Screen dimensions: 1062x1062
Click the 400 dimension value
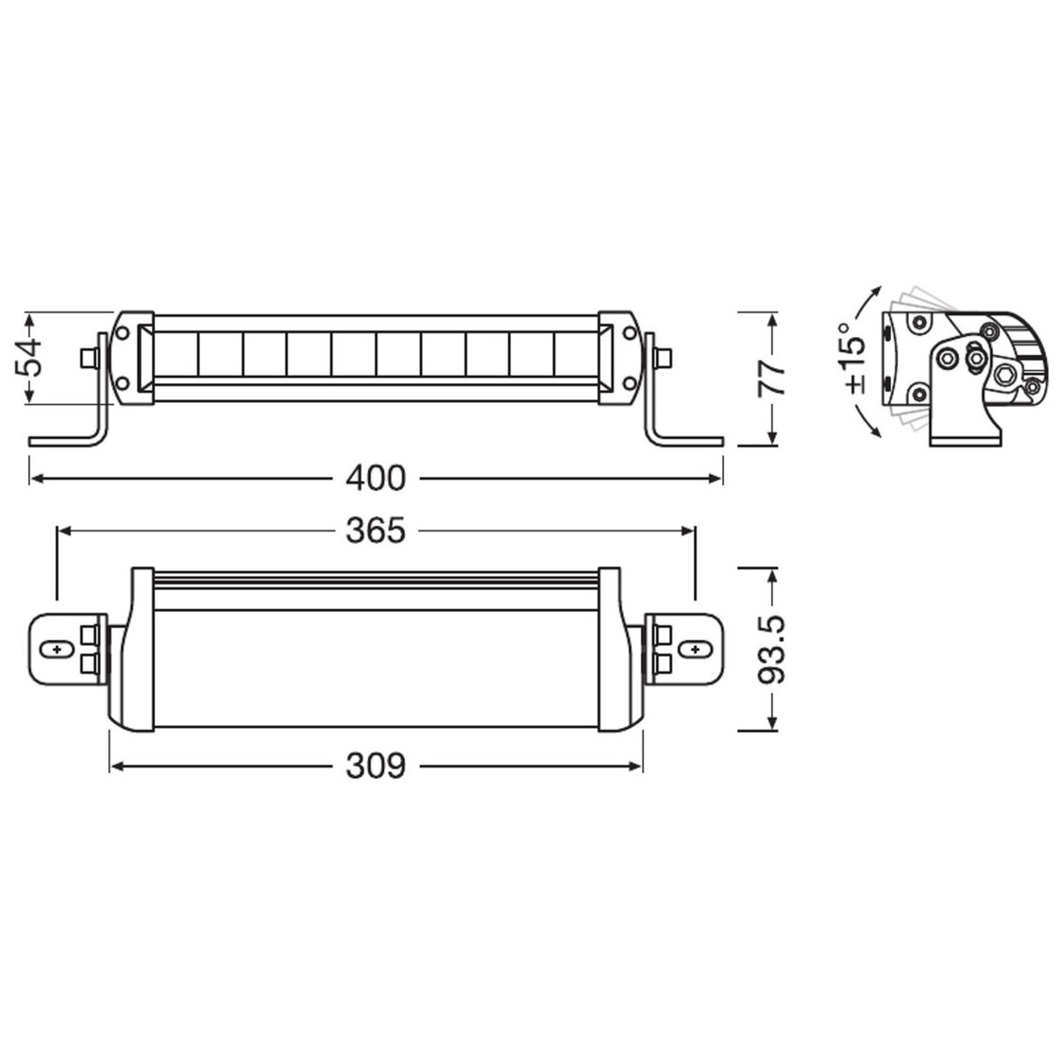pos(375,479)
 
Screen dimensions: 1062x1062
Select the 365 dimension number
pos(375,531)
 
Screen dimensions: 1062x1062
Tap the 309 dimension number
pos(375,767)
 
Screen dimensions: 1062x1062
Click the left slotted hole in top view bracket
pos(59,650)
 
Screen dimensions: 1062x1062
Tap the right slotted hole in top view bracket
pos(696,650)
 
